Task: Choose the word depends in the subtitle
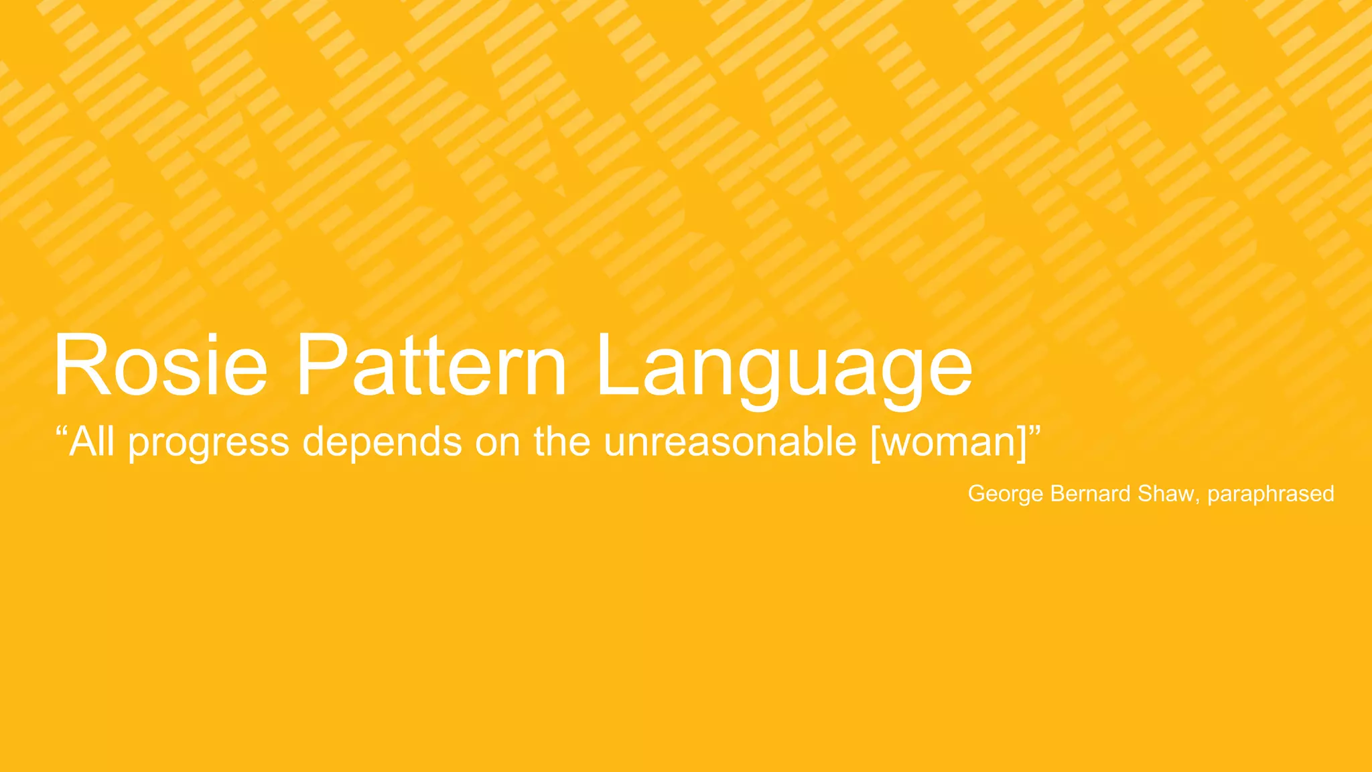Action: (382, 442)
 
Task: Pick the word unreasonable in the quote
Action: (730, 442)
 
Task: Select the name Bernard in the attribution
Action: (1091, 494)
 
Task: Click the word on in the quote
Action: (498, 442)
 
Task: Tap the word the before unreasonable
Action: (561, 442)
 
